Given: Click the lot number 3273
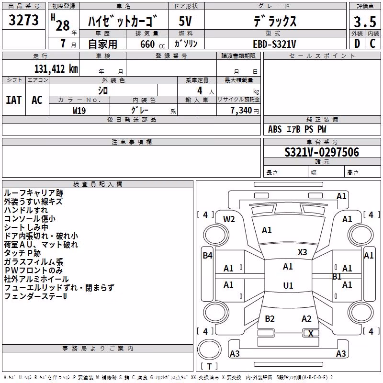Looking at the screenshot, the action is point(23,20).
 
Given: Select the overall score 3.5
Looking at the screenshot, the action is point(365,22).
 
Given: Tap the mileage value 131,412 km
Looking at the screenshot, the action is point(56,68).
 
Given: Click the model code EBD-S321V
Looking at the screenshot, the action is point(274,44).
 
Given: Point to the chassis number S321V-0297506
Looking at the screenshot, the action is point(322,152).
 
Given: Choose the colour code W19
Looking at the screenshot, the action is point(79,111).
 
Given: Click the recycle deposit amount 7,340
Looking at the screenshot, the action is point(241,111).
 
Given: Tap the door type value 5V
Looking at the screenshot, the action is point(185,21).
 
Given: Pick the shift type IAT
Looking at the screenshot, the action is point(13,100).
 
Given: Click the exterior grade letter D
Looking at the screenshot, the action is point(357,44).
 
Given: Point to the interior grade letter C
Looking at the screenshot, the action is point(372,44).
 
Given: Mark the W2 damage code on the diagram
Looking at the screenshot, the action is point(229,219).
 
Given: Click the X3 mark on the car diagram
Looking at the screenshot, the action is point(302,252).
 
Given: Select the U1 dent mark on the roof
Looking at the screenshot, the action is point(288,285).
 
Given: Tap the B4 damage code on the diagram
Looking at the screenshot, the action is point(207,256).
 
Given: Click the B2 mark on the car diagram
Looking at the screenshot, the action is point(270,318).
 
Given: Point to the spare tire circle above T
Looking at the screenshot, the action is point(209,349).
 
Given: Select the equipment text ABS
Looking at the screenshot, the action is point(275,129).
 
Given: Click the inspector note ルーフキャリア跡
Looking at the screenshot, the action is point(34,193).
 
